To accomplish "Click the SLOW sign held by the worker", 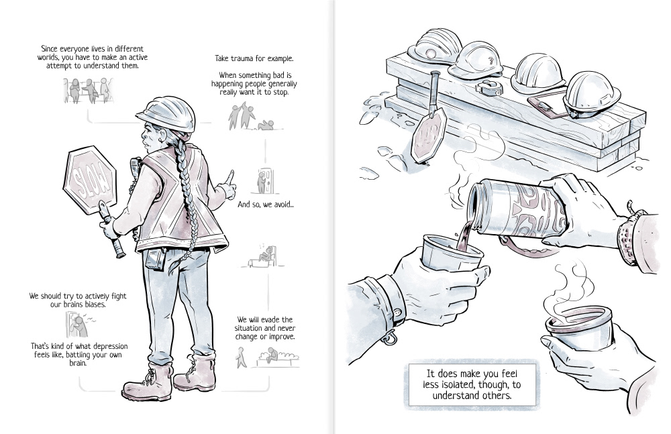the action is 90,180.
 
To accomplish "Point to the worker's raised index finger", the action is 230,177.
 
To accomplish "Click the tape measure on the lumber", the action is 489,88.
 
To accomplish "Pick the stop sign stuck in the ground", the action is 428,126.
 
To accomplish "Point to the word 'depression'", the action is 111,346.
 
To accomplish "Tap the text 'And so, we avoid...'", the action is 266,204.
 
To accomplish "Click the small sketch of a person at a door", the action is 265,180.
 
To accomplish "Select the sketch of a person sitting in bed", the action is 263,256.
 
